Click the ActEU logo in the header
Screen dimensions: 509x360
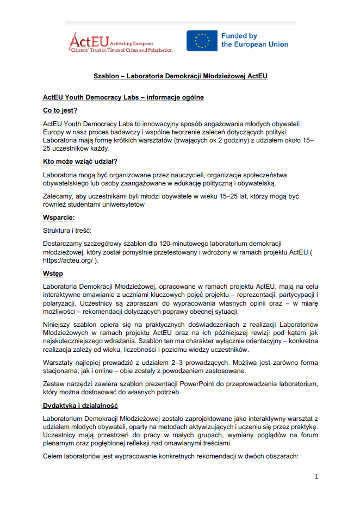point(121,41)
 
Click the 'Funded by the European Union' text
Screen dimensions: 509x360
point(254,40)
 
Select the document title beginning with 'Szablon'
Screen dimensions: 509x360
point(180,77)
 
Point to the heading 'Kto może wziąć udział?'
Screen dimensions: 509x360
point(80,162)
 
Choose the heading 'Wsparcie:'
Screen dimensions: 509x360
point(59,218)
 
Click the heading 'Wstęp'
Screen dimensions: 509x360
point(53,274)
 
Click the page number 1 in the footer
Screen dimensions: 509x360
point(316,477)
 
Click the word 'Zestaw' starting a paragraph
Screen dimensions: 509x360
point(54,384)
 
